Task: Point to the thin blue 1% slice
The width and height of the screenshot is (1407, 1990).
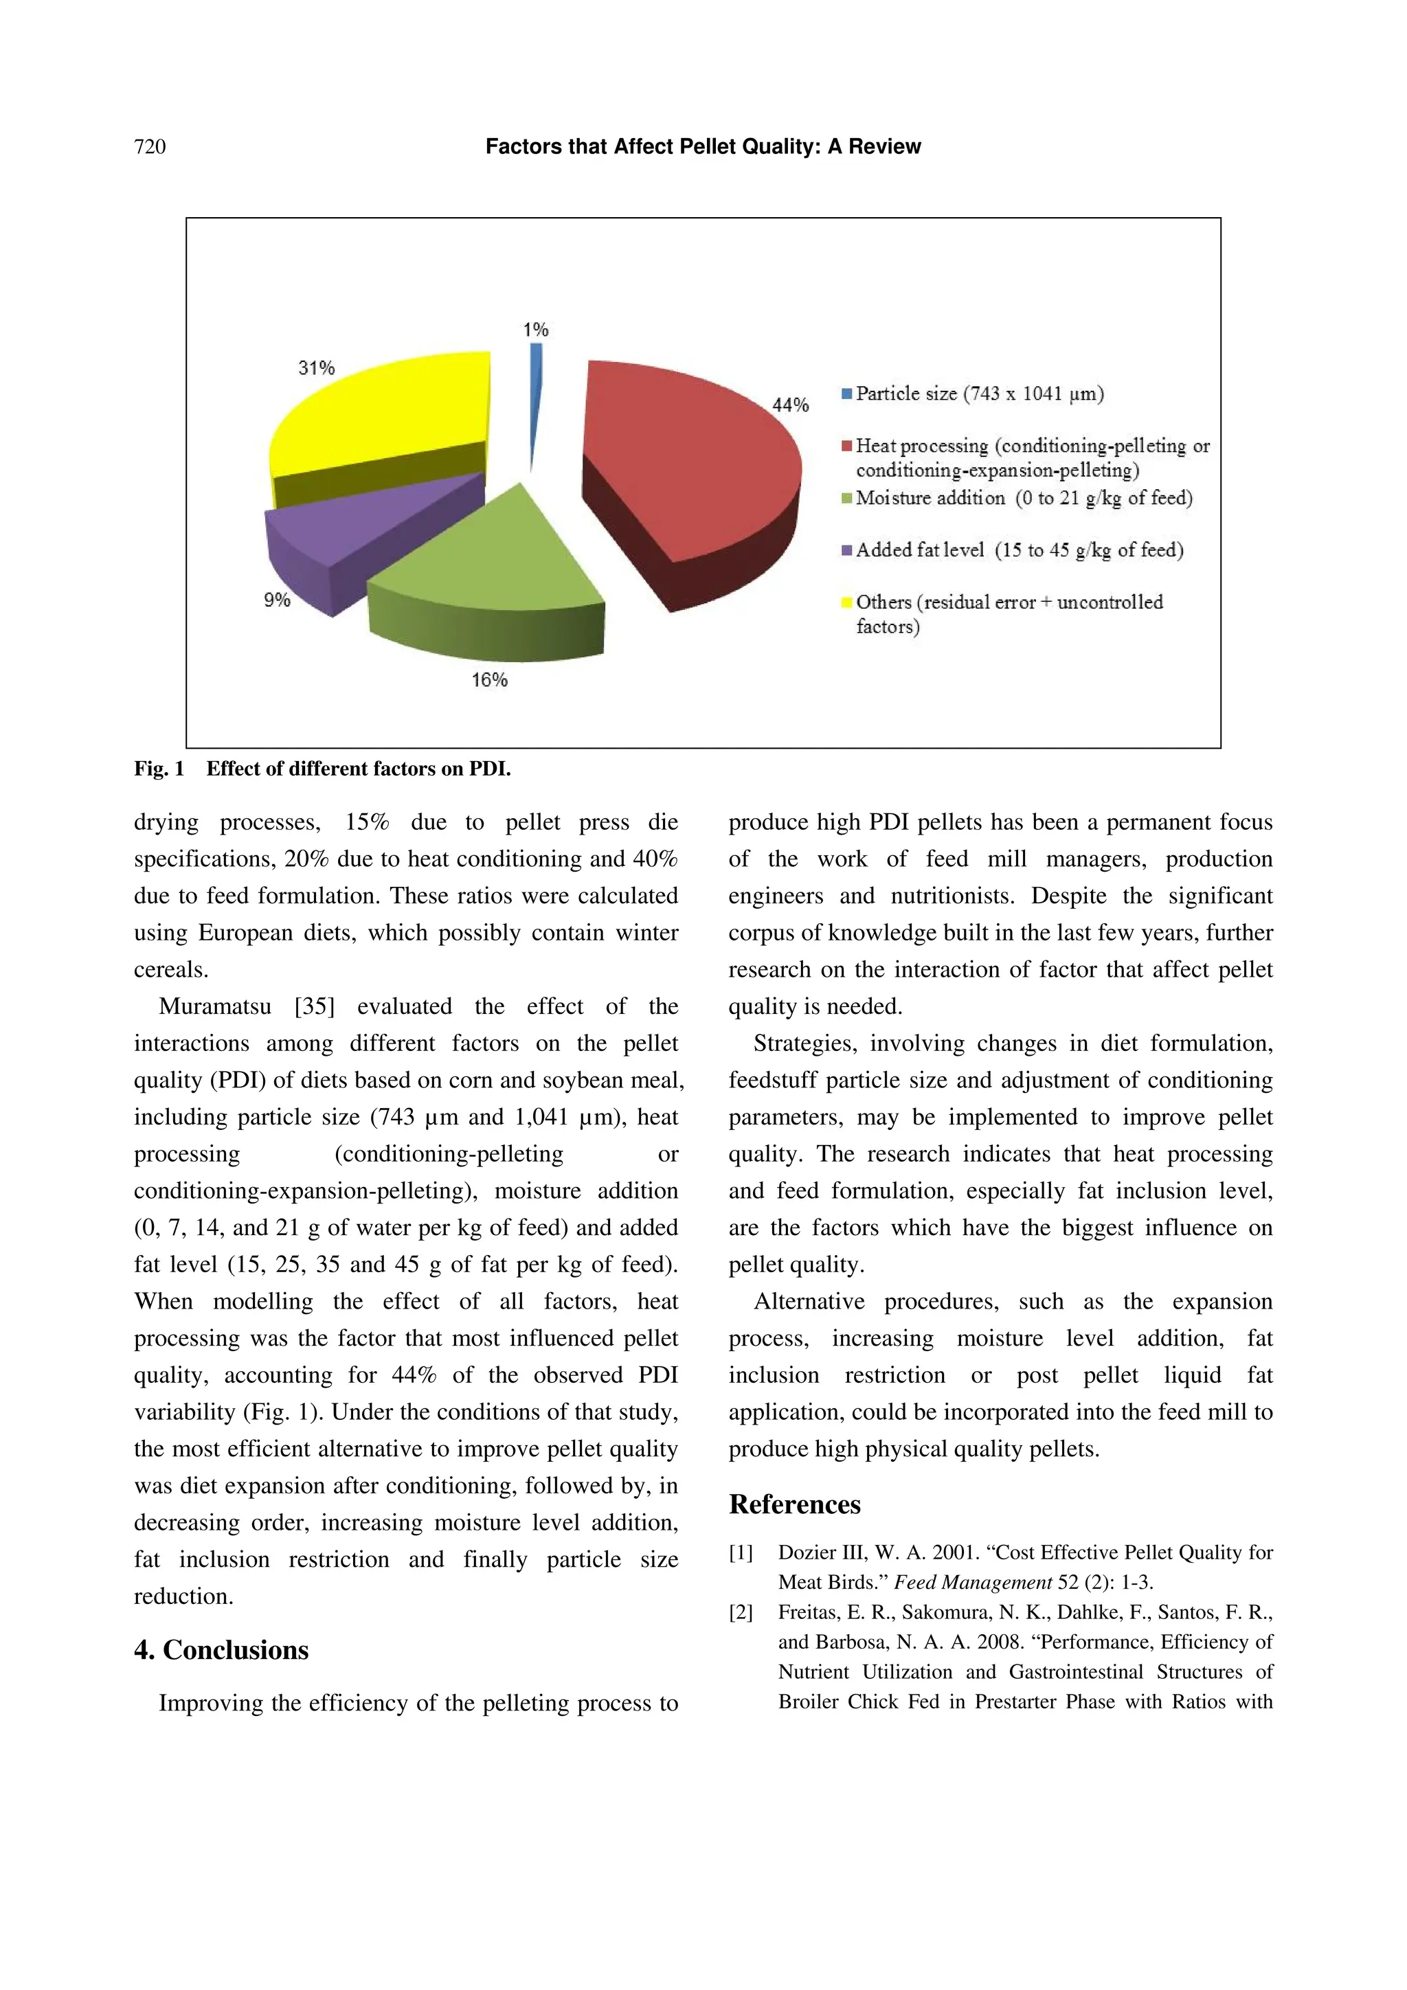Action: (x=535, y=390)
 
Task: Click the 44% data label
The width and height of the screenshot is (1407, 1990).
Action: (x=790, y=405)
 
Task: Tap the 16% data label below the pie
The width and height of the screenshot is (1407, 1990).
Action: (x=489, y=680)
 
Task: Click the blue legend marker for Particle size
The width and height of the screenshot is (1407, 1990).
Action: (x=847, y=394)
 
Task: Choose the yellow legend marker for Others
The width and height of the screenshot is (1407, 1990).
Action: (x=847, y=602)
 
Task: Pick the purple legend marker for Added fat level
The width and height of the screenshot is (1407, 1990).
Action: (x=847, y=550)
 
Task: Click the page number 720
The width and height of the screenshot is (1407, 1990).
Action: (x=150, y=146)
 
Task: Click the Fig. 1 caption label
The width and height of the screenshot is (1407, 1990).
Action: (x=159, y=769)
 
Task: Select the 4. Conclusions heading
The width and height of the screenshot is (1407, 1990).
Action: (x=221, y=1649)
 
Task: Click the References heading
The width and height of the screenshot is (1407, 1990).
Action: (x=794, y=1504)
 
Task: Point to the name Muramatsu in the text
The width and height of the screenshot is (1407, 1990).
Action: (x=215, y=1006)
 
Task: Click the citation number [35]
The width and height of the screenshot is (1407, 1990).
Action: (x=314, y=1006)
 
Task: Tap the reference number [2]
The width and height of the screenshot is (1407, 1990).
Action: (x=741, y=1612)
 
